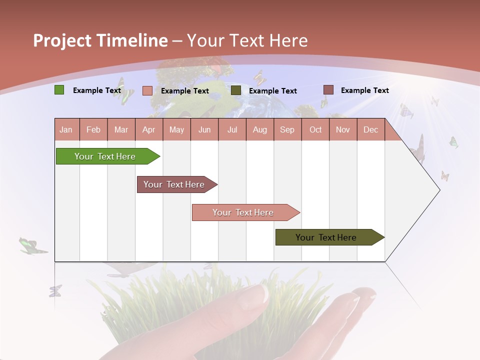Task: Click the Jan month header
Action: pyautogui.click(x=66, y=129)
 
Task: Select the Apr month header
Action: pyautogui.click(x=149, y=129)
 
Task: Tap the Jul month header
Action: pyautogui.click(x=232, y=129)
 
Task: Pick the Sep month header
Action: pyautogui.click(x=287, y=129)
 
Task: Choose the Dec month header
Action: pyautogui.click(x=370, y=129)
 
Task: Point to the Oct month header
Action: pyautogui.click(x=315, y=129)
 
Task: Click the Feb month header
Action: pyautogui.click(x=93, y=129)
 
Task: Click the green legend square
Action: pyautogui.click(x=59, y=90)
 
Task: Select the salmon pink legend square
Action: pyautogui.click(x=147, y=90)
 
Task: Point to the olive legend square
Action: pyautogui.click(x=236, y=90)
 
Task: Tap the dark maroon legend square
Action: pyautogui.click(x=328, y=90)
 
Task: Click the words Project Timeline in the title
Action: pyautogui.click(x=100, y=40)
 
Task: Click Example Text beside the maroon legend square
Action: pyautogui.click(x=364, y=90)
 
